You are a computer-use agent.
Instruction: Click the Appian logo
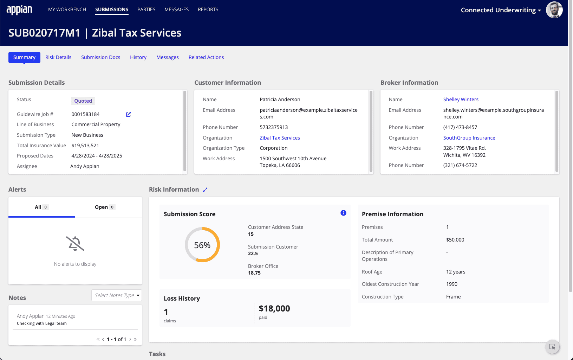[x=19, y=10]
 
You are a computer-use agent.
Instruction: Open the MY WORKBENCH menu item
[x=67, y=9]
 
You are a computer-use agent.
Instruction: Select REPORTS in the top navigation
[x=208, y=9]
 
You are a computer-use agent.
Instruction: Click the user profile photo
[x=554, y=10]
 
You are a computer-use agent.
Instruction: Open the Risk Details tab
[x=58, y=57]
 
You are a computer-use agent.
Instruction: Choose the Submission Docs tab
[x=100, y=57]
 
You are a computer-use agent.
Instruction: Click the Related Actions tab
[x=206, y=57]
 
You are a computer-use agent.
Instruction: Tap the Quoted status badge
[x=83, y=101]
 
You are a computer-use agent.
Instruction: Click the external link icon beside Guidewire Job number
[x=129, y=114]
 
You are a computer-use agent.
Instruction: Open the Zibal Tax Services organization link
[x=280, y=138]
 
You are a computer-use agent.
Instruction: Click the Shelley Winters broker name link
[x=461, y=99]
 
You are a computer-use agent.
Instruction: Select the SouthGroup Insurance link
[x=469, y=138]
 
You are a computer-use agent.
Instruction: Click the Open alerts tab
[x=105, y=207]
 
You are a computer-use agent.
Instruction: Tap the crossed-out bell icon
[x=75, y=243]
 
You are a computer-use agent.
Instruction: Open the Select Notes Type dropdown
[x=117, y=295]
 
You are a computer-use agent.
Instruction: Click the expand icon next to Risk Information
[x=205, y=190]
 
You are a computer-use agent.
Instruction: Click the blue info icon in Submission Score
[x=343, y=213]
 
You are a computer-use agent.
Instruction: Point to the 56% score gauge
[x=202, y=245]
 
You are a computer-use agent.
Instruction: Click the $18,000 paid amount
[x=274, y=309]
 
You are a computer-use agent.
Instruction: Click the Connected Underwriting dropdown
[x=501, y=10]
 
